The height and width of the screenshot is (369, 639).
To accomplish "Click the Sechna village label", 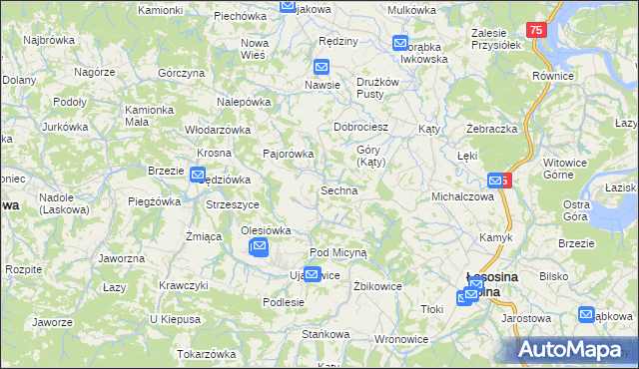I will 338,190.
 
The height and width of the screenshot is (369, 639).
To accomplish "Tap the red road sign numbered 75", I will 537,32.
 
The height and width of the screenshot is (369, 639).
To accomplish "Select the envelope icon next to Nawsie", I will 321,68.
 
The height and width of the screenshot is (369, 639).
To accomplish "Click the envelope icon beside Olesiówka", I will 259,246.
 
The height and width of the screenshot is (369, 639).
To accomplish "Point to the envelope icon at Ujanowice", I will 313,275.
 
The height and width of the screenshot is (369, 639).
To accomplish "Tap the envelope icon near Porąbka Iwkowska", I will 400,44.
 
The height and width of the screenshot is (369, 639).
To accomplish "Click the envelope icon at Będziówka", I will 198,176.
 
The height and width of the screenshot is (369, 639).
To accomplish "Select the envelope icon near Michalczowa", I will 495,181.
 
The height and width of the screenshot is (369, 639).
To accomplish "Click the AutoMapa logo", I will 578,350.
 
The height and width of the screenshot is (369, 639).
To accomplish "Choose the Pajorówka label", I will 288,155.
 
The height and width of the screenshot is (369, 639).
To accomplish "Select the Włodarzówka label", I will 217,130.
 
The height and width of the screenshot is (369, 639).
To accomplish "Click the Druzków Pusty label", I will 377,87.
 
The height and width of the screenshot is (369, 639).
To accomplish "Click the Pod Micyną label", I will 338,253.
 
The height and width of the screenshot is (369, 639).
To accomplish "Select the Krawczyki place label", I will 183,285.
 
